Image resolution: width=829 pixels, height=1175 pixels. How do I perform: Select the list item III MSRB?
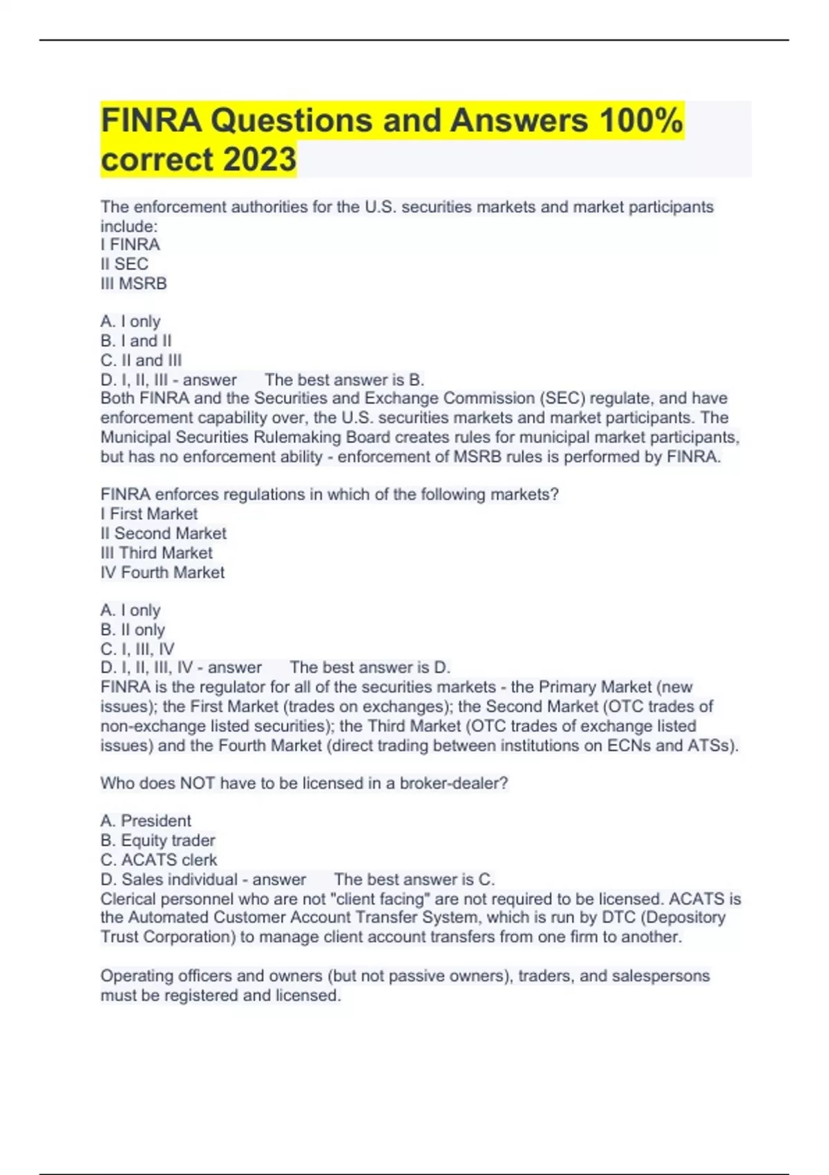click(x=133, y=283)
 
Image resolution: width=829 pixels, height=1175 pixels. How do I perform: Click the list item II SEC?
click(x=124, y=264)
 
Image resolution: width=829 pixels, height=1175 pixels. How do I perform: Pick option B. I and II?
click(x=136, y=341)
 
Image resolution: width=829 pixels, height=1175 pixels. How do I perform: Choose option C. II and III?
click(x=141, y=360)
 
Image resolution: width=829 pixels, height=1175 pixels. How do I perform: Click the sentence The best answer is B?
click(x=345, y=379)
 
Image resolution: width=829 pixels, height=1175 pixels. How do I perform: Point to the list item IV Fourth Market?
click(x=162, y=572)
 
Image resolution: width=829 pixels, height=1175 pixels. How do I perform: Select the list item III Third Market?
click(x=157, y=553)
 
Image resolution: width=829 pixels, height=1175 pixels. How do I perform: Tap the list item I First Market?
click(x=149, y=514)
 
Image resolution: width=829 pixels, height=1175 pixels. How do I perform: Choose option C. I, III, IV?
click(x=137, y=649)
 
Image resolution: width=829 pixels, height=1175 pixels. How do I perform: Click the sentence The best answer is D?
click(x=370, y=667)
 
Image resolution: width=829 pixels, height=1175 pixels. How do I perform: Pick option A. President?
click(x=146, y=820)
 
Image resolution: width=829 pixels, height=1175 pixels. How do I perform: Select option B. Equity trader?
click(x=158, y=840)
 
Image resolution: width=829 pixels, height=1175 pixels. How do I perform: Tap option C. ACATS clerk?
click(x=159, y=859)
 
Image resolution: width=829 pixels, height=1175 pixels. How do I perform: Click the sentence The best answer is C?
click(x=414, y=879)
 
